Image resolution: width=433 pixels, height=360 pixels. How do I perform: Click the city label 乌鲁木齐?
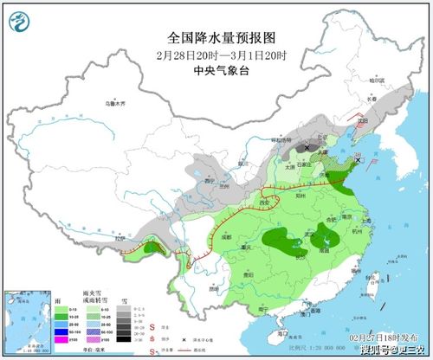click(x=116, y=103)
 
